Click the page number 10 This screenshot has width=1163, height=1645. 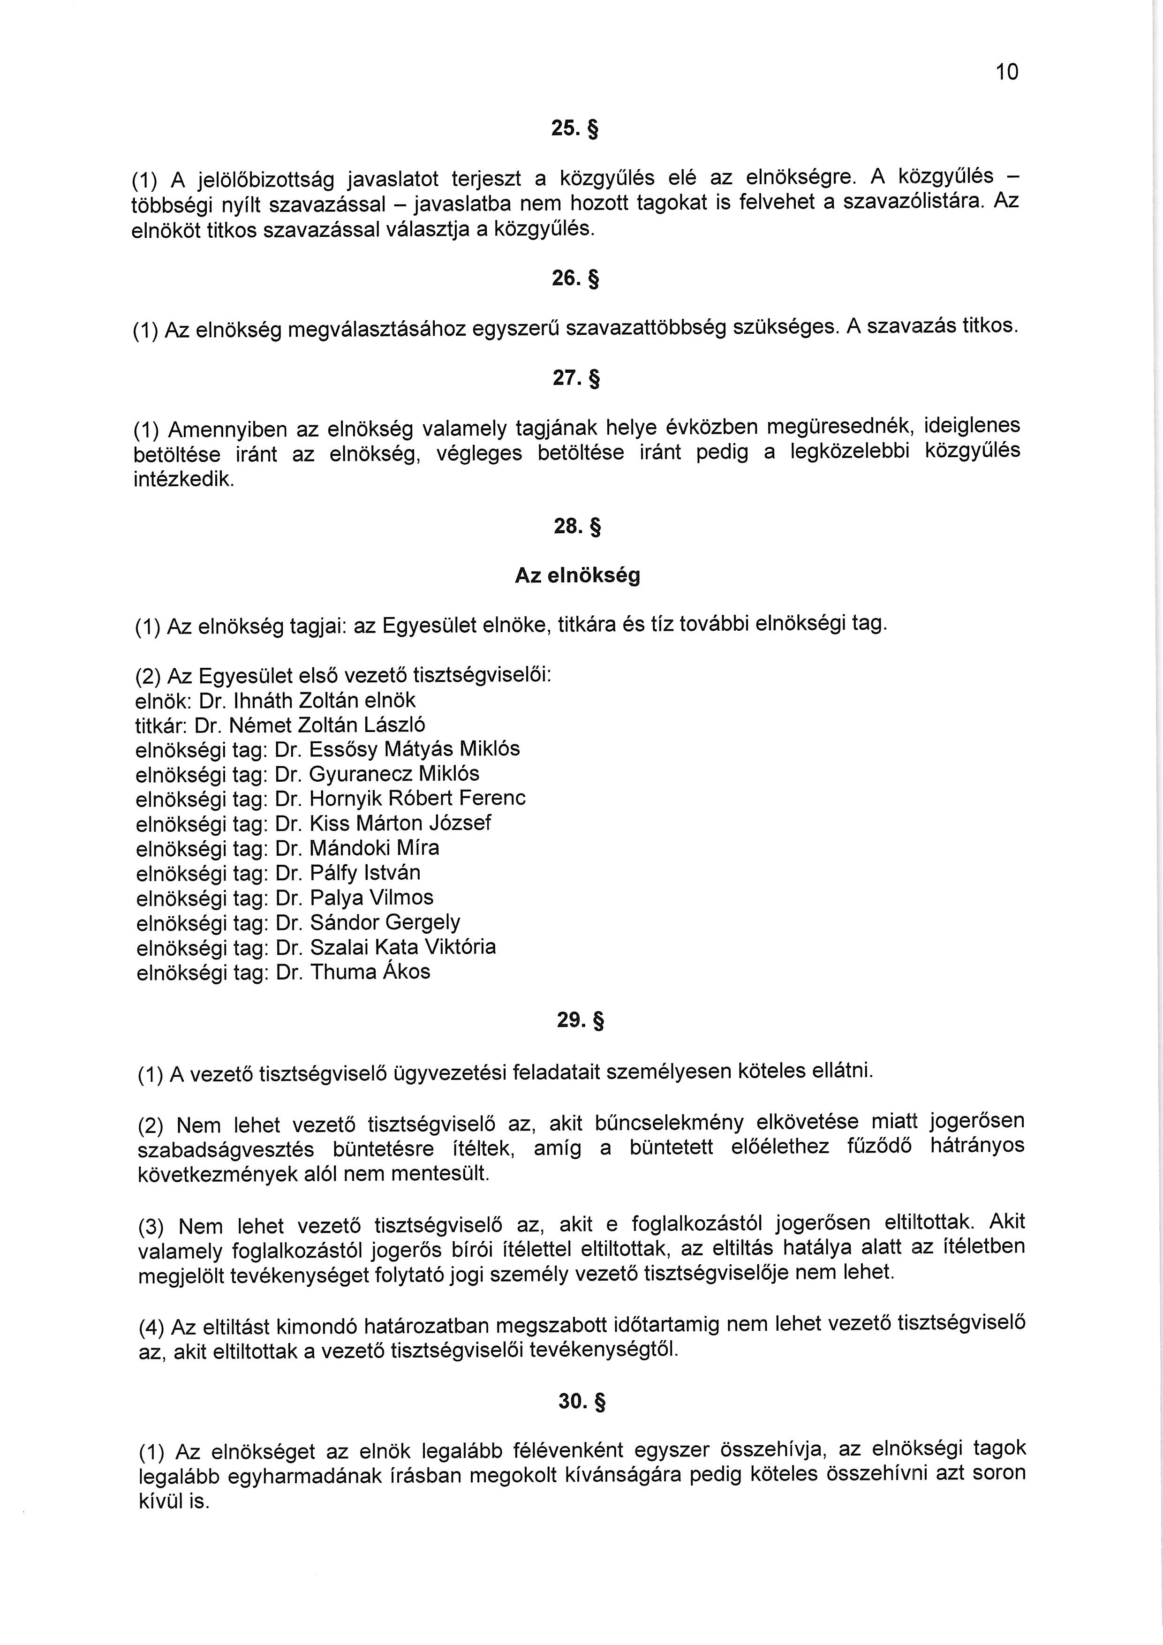1006,72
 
